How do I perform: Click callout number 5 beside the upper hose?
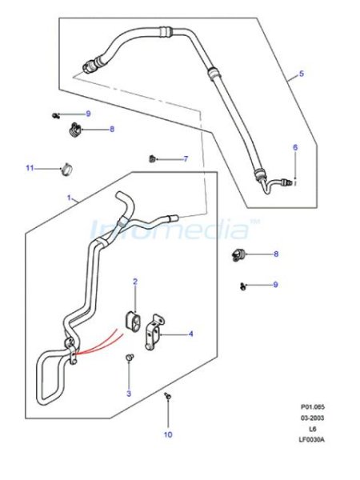(x=302, y=74)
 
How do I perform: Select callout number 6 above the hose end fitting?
(x=295, y=147)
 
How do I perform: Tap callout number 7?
(x=186, y=159)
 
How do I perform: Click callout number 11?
(x=30, y=168)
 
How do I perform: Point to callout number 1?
(x=69, y=198)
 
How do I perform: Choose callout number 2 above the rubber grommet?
(x=135, y=282)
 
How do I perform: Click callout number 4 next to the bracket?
(x=191, y=334)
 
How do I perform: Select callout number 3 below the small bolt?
(x=129, y=394)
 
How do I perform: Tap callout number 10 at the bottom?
(x=168, y=434)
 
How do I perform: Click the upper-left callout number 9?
(x=88, y=114)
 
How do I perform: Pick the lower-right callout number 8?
(x=276, y=254)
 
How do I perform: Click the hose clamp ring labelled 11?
(x=67, y=169)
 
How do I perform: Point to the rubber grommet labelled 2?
(x=133, y=321)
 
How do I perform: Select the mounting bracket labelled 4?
(x=154, y=332)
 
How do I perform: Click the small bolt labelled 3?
(x=130, y=357)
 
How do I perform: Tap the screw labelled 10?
(x=168, y=396)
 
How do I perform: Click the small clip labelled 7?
(x=152, y=159)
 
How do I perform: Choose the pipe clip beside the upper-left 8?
(x=74, y=130)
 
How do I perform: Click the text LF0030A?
(x=312, y=439)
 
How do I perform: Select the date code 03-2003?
(x=312, y=418)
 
